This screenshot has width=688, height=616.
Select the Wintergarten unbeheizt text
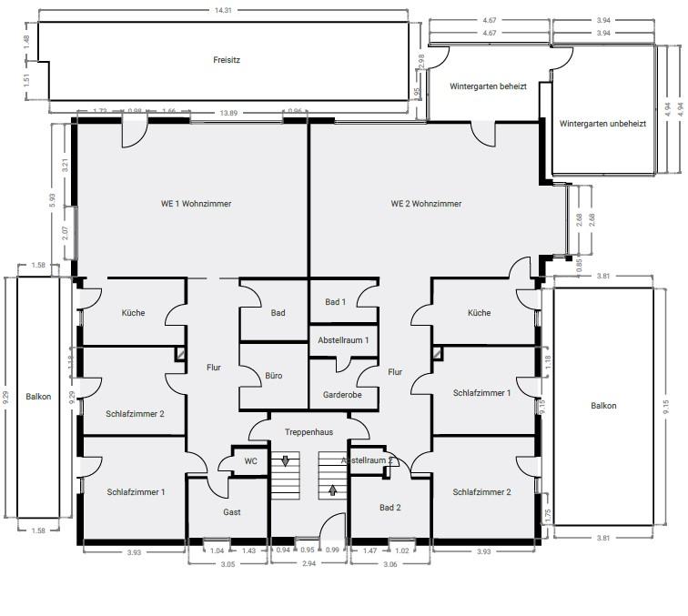(x=602, y=123)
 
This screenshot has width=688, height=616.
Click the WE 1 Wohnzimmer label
(x=190, y=204)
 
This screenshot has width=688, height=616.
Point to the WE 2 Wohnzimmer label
(x=426, y=204)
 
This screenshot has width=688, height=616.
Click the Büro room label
(x=274, y=375)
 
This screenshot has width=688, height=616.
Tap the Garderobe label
(x=342, y=395)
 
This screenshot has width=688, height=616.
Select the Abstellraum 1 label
(x=342, y=339)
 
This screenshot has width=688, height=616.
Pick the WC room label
(x=250, y=461)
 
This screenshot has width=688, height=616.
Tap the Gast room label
(x=232, y=512)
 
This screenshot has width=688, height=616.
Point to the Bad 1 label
(x=336, y=302)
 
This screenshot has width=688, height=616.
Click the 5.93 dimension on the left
(x=53, y=201)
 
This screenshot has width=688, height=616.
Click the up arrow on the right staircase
(x=332, y=490)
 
